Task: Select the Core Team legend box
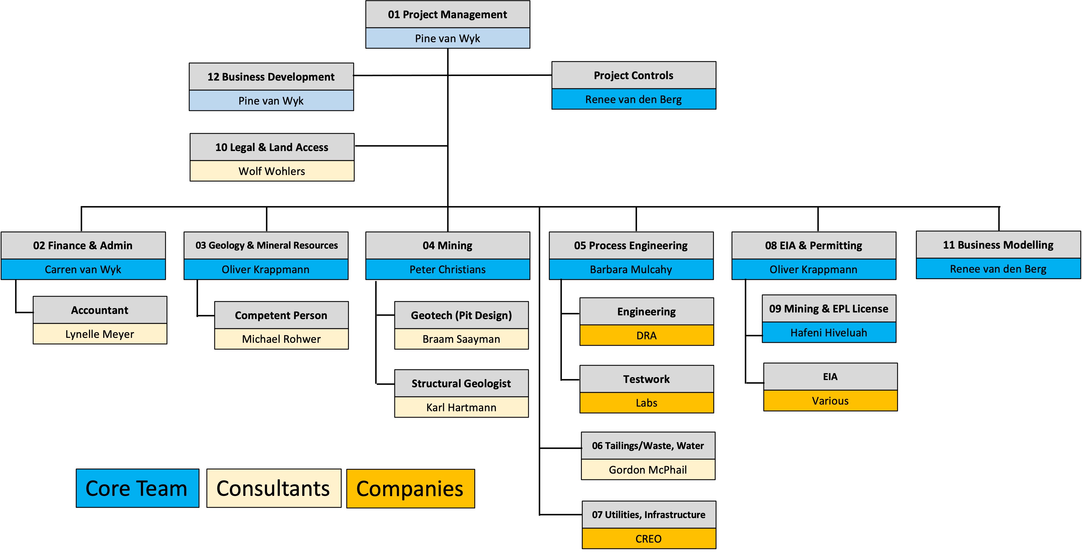pos(137,488)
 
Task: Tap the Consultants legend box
pos(273,488)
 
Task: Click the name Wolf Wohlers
pos(272,171)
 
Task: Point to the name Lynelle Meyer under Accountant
pos(99,334)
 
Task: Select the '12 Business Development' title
pos(271,77)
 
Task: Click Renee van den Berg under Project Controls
pos(633,99)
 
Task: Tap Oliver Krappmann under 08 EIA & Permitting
pos(813,269)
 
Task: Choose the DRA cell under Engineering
pos(646,336)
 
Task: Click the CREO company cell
pos(649,539)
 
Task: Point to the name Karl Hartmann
pos(461,407)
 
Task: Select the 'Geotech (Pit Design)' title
pos(461,315)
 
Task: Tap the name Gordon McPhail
pos(648,470)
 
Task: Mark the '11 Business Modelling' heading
pos(998,245)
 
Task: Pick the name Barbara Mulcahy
pos(631,269)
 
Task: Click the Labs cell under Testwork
pos(646,403)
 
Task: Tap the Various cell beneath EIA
pos(830,401)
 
